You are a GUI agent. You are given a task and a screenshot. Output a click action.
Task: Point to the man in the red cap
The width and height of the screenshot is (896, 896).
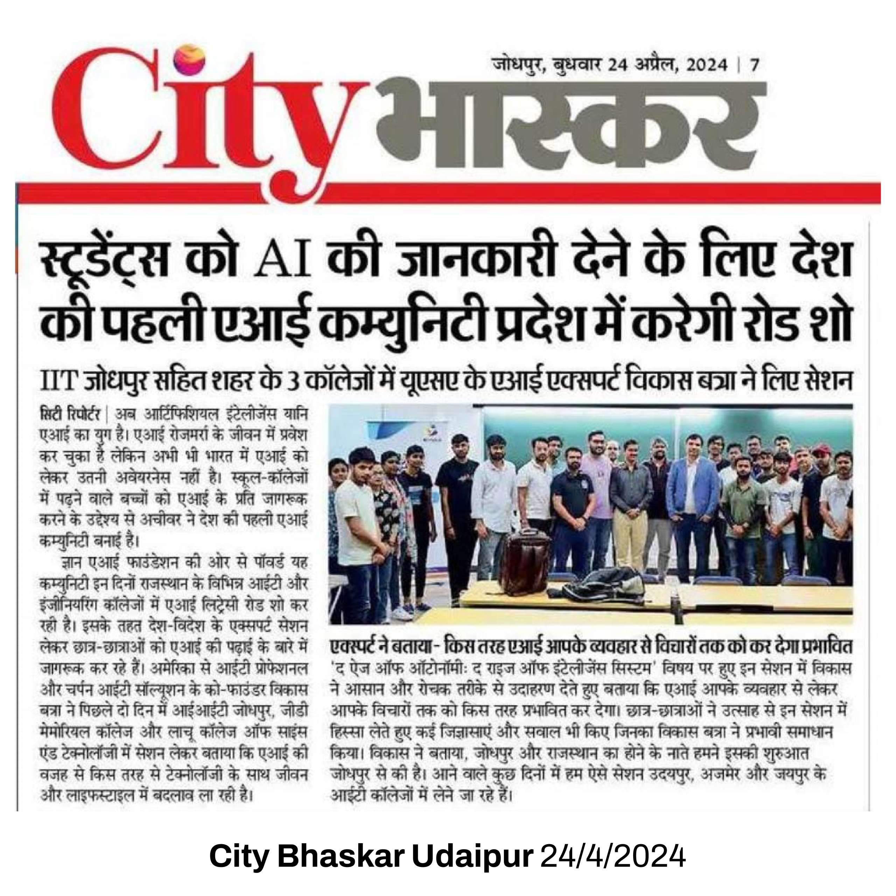tap(821, 464)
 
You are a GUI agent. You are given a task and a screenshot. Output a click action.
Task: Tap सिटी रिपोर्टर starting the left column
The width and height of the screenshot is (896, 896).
tap(73, 414)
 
